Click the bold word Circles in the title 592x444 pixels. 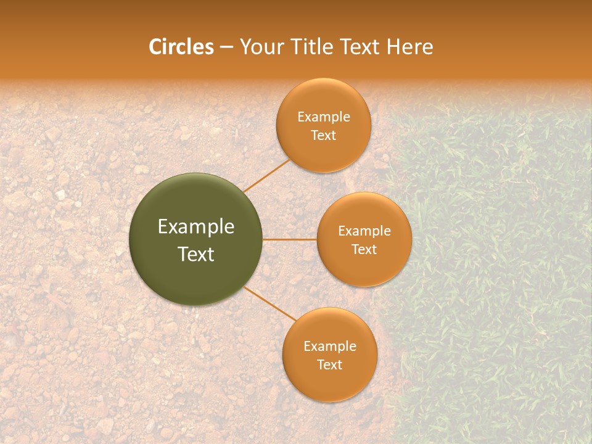point(181,47)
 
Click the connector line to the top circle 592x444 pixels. point(266,175)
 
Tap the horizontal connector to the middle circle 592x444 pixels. point(289,239)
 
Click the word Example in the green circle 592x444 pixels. point(196,227)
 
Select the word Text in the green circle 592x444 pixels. point(196,254)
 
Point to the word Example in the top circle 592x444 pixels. point(324,117)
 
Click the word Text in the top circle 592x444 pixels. point(323,136)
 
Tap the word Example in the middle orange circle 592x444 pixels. point(364,231)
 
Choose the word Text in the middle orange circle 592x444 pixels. point(364,250)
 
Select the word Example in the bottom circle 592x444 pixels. point(330,347)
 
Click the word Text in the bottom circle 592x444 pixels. point(329,365)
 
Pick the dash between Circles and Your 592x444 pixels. point(226,47)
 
